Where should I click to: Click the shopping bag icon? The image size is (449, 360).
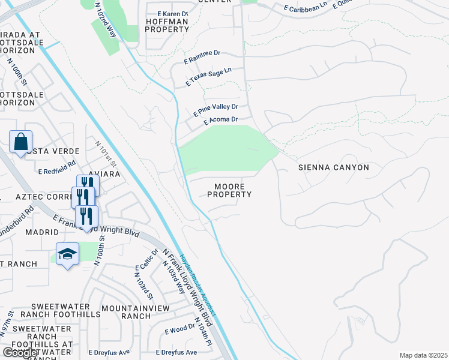[20, 143]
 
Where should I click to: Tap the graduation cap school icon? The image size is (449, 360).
[67, 253]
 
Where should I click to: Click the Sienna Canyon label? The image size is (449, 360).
[334, 167]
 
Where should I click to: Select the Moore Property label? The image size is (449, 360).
[229, 191]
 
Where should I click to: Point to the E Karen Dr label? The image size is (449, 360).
[172, 13]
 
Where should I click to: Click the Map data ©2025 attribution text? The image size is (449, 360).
[423, 355]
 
